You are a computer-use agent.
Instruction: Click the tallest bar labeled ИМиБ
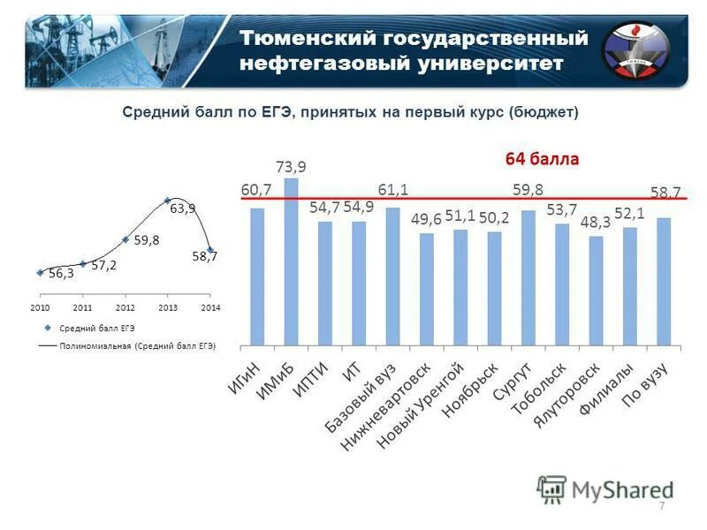point(291,261)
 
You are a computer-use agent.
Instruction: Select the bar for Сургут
point(528,277)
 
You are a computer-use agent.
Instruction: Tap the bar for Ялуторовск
point(596,291)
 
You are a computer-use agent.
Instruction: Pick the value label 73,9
point(291,167)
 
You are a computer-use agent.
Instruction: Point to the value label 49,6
point(427,220)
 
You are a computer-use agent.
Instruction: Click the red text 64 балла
point(542,159)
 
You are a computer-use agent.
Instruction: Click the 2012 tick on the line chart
point(125,307)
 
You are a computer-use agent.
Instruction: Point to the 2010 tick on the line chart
point(40,307)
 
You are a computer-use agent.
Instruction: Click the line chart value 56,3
point(60,274)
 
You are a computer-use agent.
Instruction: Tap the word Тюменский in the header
point(301,39)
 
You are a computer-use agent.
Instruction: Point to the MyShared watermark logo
point(605,488)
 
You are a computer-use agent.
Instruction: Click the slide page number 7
point(661,505)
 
